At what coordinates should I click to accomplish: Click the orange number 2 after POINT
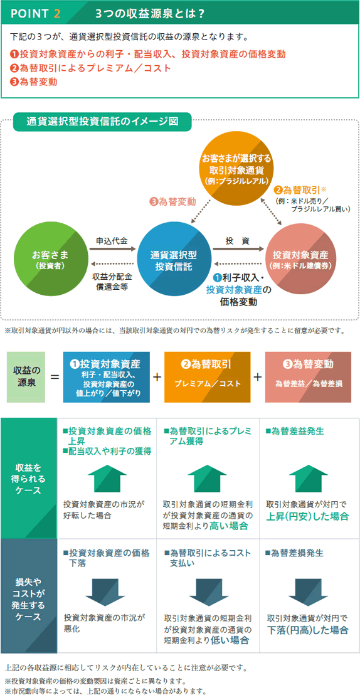pyautogui.click(x=56, y=13)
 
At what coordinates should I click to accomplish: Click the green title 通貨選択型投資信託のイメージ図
pyautogui.click(x=102, y=122)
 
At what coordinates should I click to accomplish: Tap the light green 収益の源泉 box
pyautogui.click(x=26, y=377)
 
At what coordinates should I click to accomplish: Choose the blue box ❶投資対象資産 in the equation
pyautogui.click(x=106, y=377)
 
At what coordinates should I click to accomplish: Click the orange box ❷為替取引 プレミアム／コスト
pyautogui.click(x=207, y=377)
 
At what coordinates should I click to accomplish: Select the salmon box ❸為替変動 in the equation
pyautogui.click(x=308, y=377)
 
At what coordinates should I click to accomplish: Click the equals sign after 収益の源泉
pyautogui.click(x=54, y=377)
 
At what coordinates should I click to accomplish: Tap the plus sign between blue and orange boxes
pyautogui.click(x=157, y=377)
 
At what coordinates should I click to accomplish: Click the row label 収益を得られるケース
pyautogui.click(x=28, y=478)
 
